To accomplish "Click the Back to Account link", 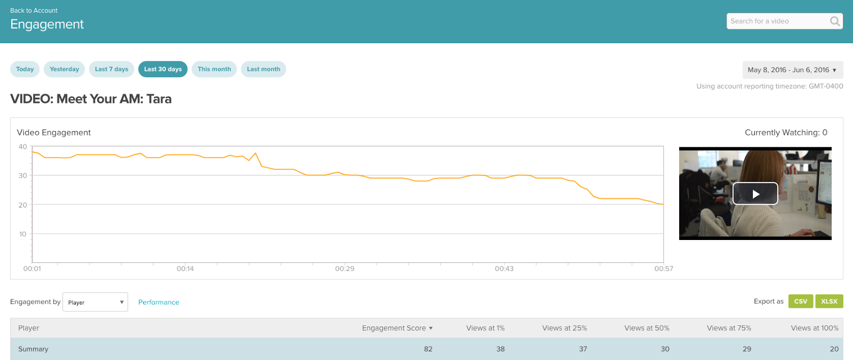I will point(34,11).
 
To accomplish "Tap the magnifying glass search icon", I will point(835,21).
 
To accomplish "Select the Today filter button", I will point(25,69).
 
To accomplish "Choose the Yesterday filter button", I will point(64,69).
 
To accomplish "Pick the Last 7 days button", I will point(111,69).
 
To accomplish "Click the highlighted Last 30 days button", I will point(163,69).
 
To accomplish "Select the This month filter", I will point(214,69).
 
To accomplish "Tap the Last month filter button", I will point(263,69).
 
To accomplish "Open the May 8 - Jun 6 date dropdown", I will point(792,70).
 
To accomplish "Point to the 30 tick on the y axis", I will point(22,175).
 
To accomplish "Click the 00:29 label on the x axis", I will point(344,269).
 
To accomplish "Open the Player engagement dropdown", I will point(95,302).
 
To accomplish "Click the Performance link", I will point(158,302).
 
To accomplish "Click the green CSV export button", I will point(800,301).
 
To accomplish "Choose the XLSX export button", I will point(829,301).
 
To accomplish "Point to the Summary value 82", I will point(428,349).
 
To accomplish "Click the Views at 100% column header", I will point(814,329).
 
